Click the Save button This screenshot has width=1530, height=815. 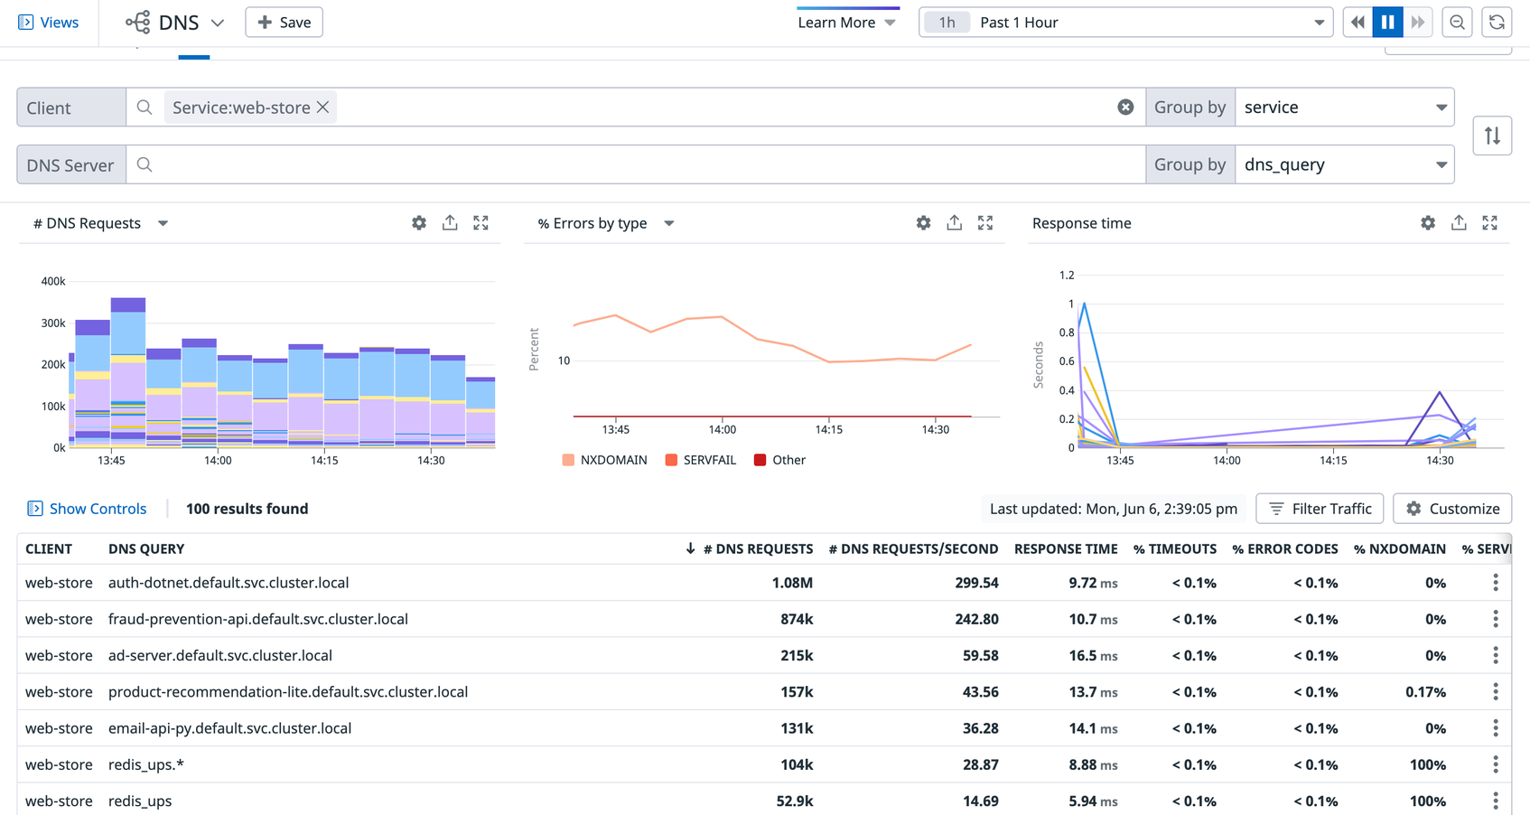pyautogui.click(x=284, y=23)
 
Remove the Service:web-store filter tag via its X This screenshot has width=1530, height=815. pyautogui.click(x=322, y=108)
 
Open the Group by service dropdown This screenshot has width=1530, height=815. pyautogui.click(x=1344, y=108)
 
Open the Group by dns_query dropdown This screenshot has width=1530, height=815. pyautogui.click(x=1344, y=164)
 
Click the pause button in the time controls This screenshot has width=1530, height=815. pyautogui.click(x=1387, y=23)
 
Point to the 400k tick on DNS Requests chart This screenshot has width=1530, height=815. pyautogui.click(x=53, y=281)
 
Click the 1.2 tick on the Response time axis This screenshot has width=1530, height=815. pyautogui.click(x=1067, y=275)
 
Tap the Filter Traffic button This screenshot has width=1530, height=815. pyautogui.click(x=1320, y=509)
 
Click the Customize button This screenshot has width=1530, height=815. pyautogui.click(x=1452, y=509)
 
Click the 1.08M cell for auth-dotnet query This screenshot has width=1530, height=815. pyautogui.click(x=792, y=583)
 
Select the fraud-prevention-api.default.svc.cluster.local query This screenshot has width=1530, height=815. pyautogui.click(x=258, y=619)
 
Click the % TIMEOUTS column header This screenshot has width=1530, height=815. pyautogui.click(x=1174, y=548)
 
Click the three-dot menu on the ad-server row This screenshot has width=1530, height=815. pyautogui.click(x=1496, y=655)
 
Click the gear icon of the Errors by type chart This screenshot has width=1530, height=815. pyautogui.click(x=923, y=223)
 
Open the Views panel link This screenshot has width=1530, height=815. pyautogui.click(x=49, y=23)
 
